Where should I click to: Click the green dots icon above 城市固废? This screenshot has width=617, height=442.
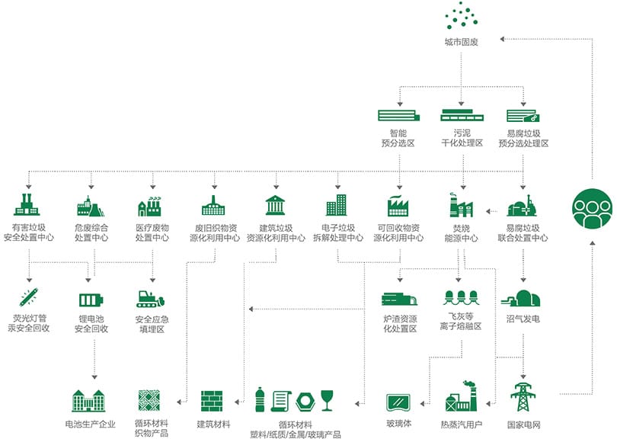[x=462, y=16]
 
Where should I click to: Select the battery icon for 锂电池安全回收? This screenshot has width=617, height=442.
[x=91, y=299]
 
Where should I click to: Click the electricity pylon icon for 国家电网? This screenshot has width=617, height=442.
[x=523, y=398]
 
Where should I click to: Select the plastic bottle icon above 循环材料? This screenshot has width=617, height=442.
[x=261, y=399]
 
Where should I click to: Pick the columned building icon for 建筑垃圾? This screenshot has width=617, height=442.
[x=275, y=206]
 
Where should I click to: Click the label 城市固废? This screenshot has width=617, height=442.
[x=461, y=43]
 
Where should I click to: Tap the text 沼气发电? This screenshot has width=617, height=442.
[x=523, y=319]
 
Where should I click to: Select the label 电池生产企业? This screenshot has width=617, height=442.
[x=91, y=424]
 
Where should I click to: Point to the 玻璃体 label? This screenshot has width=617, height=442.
[x=399, y=424]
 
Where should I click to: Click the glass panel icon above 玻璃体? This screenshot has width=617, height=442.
[x=399, y=401]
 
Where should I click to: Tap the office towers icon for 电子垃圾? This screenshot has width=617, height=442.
[x=336, y=205]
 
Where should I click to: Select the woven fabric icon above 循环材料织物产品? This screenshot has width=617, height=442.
[x=150, y=400]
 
